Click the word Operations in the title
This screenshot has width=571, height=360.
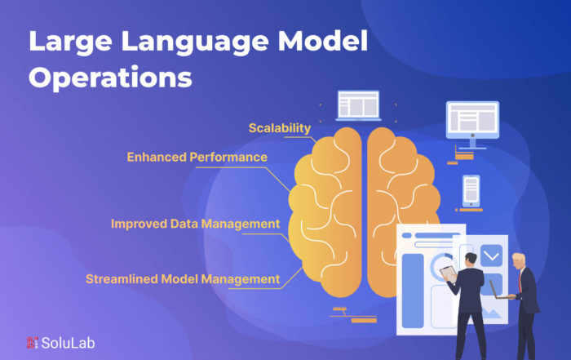[110, 78]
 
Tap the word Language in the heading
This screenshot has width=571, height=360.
[195, 41]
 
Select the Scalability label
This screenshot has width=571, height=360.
[280, 128]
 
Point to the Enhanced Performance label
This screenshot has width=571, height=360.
[197, 157]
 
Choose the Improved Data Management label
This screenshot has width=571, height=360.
[195, 224]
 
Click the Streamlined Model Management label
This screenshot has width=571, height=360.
[183, 279]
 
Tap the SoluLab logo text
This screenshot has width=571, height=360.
[68, 343]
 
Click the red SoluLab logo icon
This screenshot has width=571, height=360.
[32, 343]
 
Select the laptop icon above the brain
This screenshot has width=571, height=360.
[358, 105]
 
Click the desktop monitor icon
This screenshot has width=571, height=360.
[472, 125]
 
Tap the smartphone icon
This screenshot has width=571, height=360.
[471, 191]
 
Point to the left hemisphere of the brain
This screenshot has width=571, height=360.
[325, 212]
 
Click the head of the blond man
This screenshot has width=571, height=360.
[519, 261]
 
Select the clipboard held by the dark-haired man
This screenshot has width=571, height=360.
[449, 273]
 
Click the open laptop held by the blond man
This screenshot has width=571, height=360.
[499, 291]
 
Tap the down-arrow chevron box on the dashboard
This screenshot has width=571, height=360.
[491, 256]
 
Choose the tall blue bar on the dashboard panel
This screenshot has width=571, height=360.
[413, 291]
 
